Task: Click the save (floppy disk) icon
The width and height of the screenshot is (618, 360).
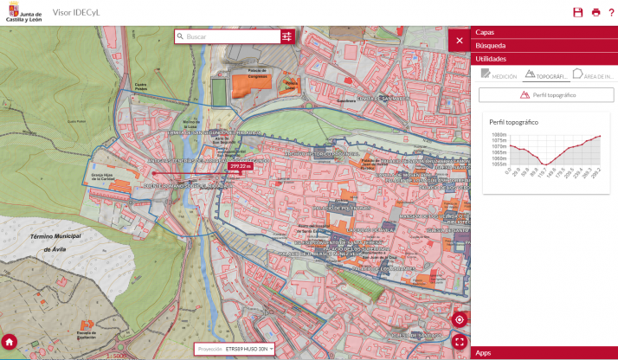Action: [x=578, y=12]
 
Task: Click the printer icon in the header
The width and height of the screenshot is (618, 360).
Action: [x=595, y=12]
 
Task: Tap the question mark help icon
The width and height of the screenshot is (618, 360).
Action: [x=610, y=12]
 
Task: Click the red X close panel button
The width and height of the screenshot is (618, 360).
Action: [x=459, y=40]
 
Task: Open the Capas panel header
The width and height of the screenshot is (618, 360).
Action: [x=544, y=32]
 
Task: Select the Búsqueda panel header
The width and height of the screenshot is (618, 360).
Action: [x=544, y=45]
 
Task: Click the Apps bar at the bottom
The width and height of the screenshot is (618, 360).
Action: [x=544, y=353]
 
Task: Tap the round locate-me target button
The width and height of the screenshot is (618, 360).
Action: [x=460, y=319]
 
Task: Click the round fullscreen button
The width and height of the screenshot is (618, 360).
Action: [x=460, y=341]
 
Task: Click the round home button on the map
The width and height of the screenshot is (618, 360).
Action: [x=10, y=341]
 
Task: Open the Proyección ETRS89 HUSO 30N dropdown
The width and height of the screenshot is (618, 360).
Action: [x=235, y=349]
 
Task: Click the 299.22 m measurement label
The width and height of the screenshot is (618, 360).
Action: [x=240, y=165]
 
